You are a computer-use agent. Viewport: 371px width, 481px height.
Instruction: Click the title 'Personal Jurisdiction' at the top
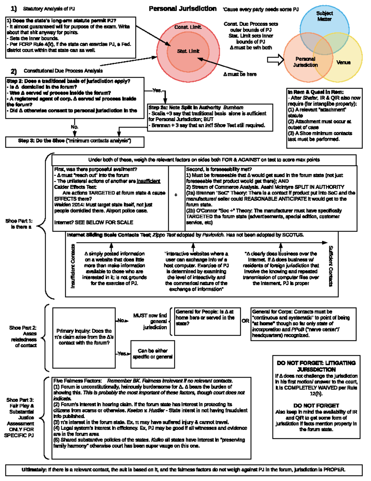pyautogui.click(x=182, y=9)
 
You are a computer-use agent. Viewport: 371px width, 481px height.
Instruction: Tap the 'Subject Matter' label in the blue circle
pyautogui.click(x=324, y=16)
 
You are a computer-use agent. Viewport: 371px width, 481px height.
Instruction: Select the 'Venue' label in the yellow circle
pyautogui.click(x=343, y=63)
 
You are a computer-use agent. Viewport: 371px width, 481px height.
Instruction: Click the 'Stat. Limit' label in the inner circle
pyautogui.click(x=188, y=51)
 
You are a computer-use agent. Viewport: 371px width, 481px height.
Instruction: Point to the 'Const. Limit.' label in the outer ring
pyautogui.click(x=188, y=27)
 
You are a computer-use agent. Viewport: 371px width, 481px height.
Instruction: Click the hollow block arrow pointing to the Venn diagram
pyautogui.click(x=275, y=59)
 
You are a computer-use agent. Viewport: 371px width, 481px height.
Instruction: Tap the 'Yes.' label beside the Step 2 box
pyautogui.click(x=157, y=90)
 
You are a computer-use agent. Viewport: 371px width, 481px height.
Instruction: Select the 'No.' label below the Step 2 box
pyautogui.click(x=75, y=127)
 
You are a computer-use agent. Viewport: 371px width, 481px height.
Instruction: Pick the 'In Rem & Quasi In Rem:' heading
pyautogui.click(x=315, y=92)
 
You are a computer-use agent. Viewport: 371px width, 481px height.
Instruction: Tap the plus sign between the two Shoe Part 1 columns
pyautogui.click(x=176, y=195)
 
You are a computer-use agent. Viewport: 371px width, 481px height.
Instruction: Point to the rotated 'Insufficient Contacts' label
pyautogui.click(x=73, y=266)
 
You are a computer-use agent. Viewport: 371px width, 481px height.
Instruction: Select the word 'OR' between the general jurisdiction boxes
pyautogui.click(x=245, y=321)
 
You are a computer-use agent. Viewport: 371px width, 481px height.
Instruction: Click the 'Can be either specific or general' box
pyautogui.click(x=153, y=354)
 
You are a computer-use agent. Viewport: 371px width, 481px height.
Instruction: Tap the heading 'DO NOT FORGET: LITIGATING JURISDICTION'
pyautogui.click(x=316, y=366)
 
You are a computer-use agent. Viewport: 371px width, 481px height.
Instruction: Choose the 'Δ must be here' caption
pyautogui.click(x=240, y=74)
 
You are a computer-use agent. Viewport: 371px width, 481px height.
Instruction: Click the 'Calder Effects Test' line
pyautogui.click(x=75, y=187)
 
